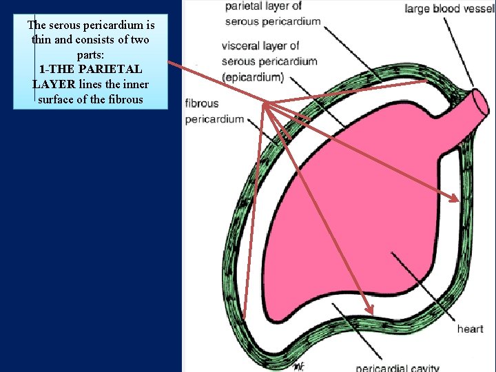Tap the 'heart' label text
click(x=470, y=329)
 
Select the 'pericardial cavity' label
click(x=397, y=368)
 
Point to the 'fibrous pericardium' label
click(x=214, y=111)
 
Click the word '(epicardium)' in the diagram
click(x=253, y=76)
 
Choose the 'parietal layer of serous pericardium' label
click(x=273, y=13)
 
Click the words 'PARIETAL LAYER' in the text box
click(x=90, y=77)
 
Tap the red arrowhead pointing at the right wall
click(x=455, y=200)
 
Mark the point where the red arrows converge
click(x=265, y=104)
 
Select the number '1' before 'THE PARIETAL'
click(x=43, y=70)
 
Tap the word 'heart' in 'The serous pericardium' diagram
click(x=470, y=329)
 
